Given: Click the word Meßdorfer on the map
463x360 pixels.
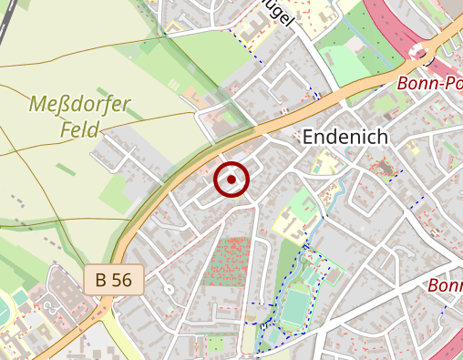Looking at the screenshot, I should click(x=80, y=104).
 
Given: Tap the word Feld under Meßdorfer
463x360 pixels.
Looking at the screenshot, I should click(x=80, y=129).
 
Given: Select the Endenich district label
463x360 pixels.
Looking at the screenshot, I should click(x=345, y=137).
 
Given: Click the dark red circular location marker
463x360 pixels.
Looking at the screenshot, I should click(x=231, y=180).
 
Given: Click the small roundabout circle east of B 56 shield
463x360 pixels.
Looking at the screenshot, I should click(x=168, y=290).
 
